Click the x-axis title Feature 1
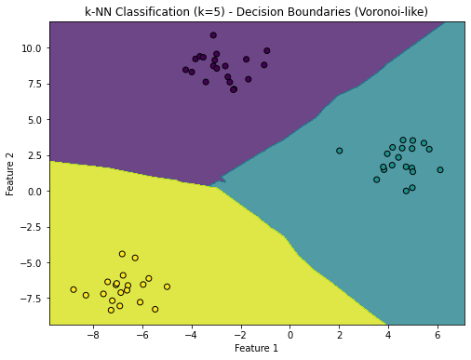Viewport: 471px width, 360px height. (x=258, y=348)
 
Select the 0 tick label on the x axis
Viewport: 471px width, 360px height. (x=289, y=333)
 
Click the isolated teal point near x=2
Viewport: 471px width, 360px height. (x=339, y=151)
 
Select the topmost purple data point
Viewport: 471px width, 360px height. (x=213, y=35)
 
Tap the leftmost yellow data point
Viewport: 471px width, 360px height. (x=74, y=289)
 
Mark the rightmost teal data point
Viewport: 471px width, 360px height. (x=440, y=170)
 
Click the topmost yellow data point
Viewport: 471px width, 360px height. (x=122, y=254)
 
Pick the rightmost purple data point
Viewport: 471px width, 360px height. (x=267, y=51)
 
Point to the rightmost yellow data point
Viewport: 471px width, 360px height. (x=168, y=287)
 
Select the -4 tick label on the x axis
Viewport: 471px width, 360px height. (x=191, y=333)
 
